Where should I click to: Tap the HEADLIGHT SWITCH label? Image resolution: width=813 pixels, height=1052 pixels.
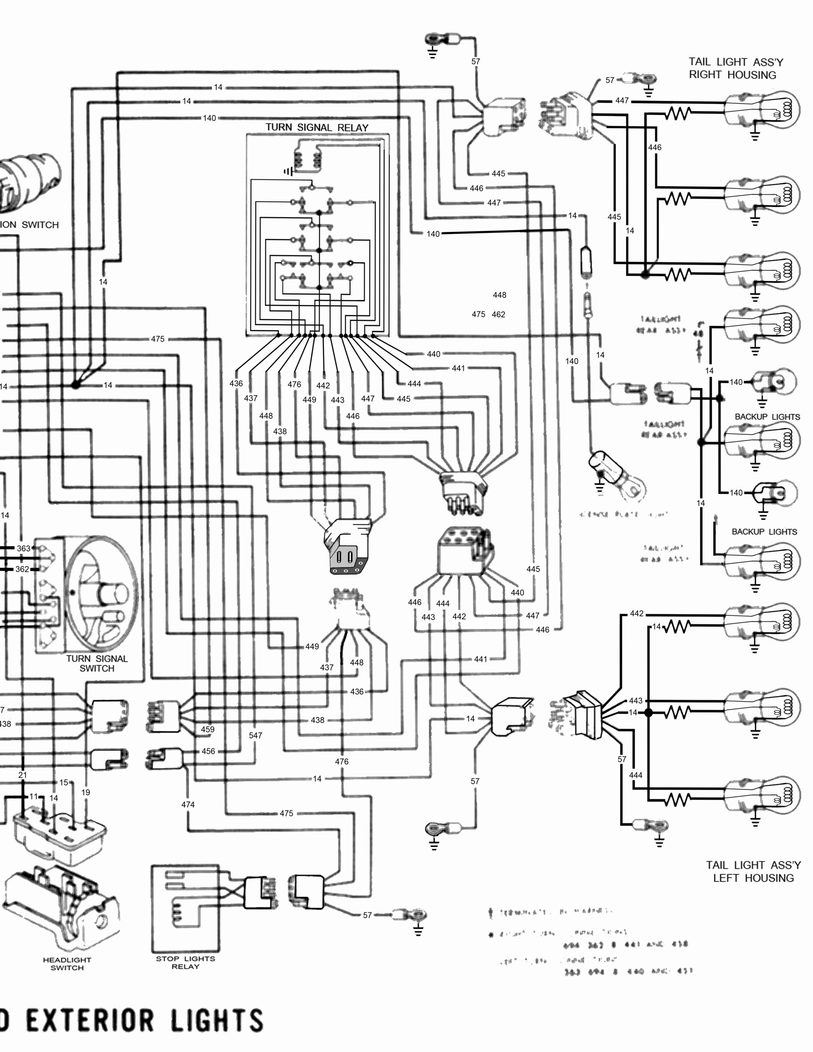pos(67,963)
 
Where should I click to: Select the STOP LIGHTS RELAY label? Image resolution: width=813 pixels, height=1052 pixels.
pos(185,962)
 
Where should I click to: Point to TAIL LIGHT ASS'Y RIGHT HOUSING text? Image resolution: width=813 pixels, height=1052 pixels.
pos(735,68)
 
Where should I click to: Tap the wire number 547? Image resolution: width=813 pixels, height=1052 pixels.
pos(255,735)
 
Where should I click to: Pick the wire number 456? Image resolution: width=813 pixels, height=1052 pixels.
pos(208,751)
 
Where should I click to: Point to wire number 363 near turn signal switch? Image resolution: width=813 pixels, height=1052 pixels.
pos(23,548)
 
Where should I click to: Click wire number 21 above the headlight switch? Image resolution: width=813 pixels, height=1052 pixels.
pos(23,775)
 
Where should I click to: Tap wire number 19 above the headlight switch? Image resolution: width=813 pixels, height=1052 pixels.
pos(85,792)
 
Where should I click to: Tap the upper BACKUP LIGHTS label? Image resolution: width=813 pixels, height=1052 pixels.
pos(767,417)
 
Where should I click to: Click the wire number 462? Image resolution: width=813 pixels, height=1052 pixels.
pos(498,314)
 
